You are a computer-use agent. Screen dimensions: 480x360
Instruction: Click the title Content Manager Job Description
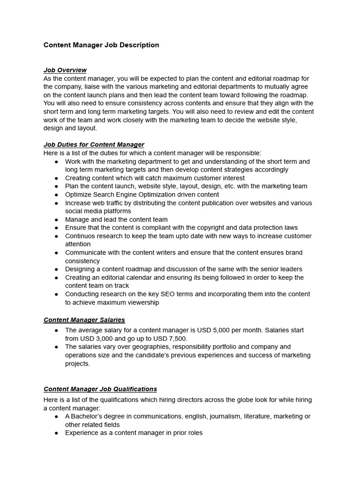tap(101, 45)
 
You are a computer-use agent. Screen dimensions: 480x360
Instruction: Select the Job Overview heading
tap(65, 70)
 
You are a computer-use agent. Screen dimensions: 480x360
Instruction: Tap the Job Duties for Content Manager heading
tap(94, 144)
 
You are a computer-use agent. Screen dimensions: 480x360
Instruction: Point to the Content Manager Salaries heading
tap(84, 320)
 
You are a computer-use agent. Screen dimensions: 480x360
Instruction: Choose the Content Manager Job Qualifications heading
tap(100, 389)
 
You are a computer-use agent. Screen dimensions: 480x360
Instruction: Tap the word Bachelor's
tap(87, 416)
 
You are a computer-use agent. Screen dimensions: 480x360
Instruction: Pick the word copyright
tap(218, 228)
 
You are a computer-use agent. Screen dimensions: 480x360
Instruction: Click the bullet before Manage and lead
tap(56, 220)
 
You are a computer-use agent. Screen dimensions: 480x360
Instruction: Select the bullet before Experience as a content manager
tap(56, 433)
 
